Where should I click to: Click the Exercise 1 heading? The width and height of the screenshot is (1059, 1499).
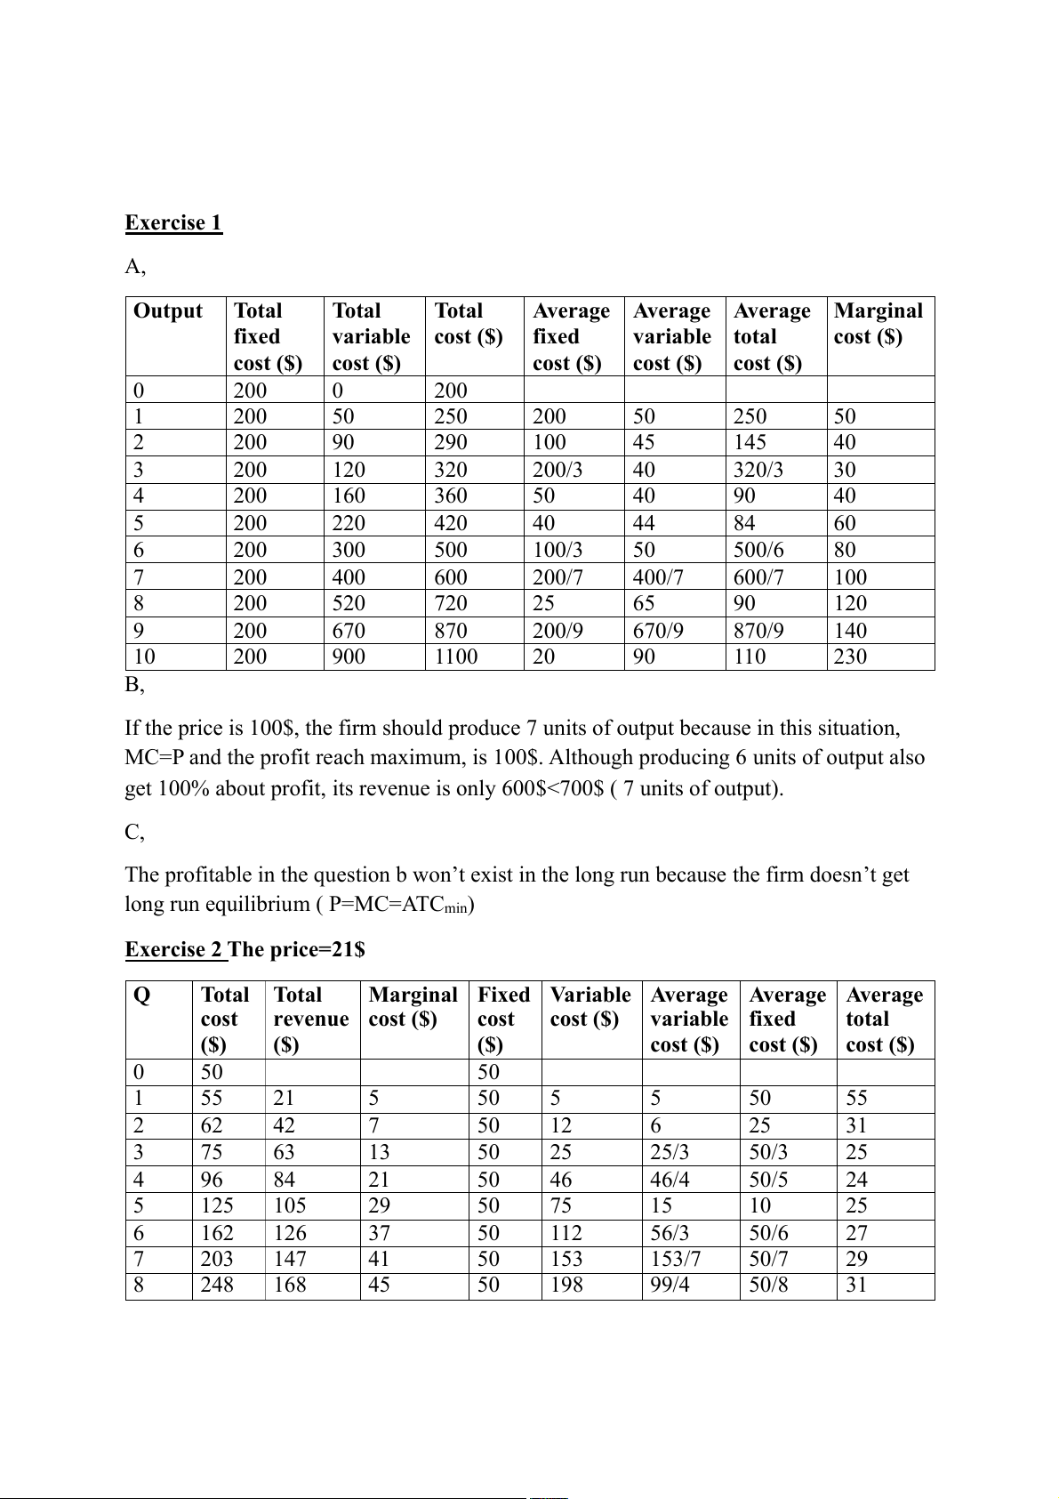coord(173,222)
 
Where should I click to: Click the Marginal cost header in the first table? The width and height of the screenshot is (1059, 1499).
coord(878,323)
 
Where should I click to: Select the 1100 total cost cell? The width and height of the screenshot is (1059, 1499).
coord(455,657)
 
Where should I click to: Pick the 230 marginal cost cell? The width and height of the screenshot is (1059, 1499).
coord(850,657)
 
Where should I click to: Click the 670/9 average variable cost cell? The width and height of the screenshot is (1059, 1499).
coord(658,631)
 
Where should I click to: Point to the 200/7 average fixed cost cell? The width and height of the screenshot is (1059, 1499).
coord(558,577)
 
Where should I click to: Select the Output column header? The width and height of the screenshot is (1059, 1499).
coord(168,310)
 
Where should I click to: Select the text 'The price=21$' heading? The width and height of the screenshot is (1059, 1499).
coord(297,949)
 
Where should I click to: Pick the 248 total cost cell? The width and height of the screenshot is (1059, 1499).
coord(217,1285)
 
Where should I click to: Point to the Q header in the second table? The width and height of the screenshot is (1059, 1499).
coord(141,995)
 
